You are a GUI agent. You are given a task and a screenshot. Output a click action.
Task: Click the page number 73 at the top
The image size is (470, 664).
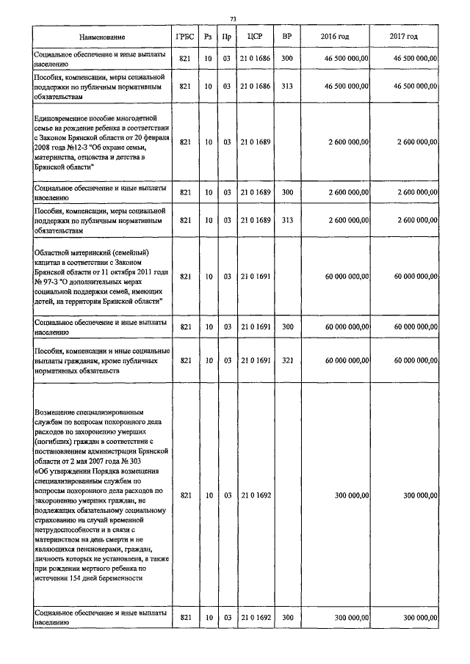tap(233, 18)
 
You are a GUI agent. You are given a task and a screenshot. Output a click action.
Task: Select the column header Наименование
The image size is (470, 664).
tap(103, 37)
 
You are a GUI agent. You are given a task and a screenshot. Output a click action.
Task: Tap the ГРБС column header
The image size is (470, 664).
tap(184, 37)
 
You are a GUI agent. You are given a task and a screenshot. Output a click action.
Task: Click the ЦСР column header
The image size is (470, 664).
tap(256, 37)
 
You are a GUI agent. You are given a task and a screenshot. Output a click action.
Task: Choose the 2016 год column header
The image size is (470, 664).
tap(335, 37)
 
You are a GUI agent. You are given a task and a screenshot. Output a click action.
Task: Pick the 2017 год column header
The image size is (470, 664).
tap(404, 37)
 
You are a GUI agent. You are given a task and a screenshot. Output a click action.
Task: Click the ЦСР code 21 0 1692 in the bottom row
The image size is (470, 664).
tap(256, 618)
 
